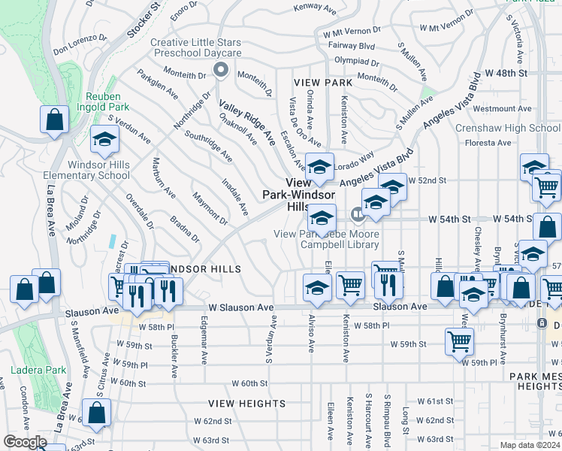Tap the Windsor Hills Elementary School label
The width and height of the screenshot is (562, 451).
coord(98,170)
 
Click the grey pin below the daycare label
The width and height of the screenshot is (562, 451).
coord(220,71)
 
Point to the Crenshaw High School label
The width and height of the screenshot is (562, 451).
coord(508,128)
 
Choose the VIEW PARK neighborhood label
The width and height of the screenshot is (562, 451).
coord(323,82)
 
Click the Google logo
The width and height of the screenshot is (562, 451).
coord(25,442)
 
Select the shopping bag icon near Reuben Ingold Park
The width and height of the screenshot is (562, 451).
coord(55,120)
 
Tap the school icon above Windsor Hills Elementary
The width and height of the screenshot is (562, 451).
coord(104,138)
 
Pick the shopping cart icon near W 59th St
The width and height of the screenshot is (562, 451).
coord(459,342)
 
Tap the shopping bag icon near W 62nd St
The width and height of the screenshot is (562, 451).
coord(96,413)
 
